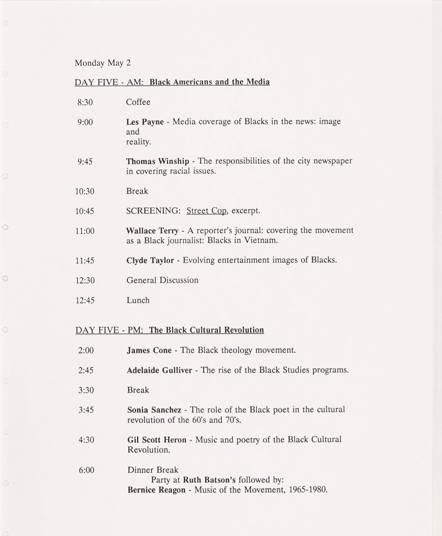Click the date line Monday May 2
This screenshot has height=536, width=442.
[x=103, y=63]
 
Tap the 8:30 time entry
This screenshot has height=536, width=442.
[x=85, y=102]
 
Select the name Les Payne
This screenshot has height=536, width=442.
[x=145, y=122]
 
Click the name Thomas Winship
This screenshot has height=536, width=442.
[x=157, y=161]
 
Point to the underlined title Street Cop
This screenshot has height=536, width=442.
[x=206, y=211]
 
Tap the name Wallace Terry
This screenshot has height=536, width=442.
[x=152, y=231]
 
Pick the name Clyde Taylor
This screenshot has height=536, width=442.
[x=150, y=261]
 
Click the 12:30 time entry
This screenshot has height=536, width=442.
[x=85, y=281]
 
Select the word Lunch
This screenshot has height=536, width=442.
[x=138, y=300]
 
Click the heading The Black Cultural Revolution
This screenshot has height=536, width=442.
[x=206, y=330]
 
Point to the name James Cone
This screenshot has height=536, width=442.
[x=149, y=350]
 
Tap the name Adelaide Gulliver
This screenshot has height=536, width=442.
[x=159, y=370]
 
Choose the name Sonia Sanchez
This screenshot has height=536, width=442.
[x=154, y=410]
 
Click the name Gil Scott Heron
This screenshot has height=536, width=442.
[x=157, y=440]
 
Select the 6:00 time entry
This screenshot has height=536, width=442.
[x=87, y=470]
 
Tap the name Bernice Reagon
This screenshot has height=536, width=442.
[x=156, y=490]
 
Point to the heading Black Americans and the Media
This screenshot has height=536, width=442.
[x=210, y=82]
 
